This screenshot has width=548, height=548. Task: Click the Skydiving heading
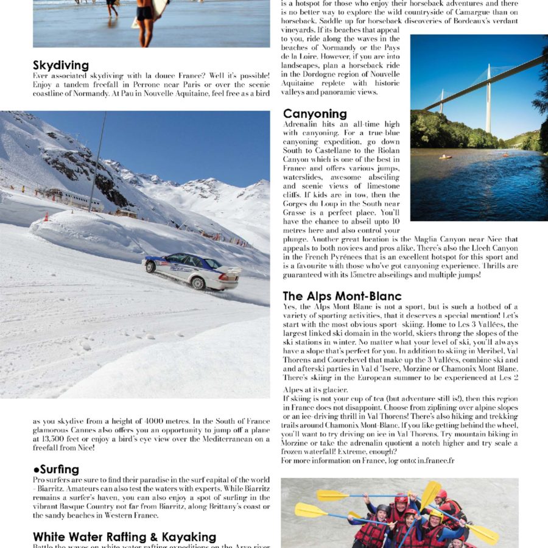[61, 65]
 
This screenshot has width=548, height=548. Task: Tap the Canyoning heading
[315, 114]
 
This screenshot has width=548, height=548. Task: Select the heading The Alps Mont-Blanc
[342, 296]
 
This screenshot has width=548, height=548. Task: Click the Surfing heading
[58, 469]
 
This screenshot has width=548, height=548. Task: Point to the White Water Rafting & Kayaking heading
[125, 537]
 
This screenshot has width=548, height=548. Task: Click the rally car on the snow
[191, 270]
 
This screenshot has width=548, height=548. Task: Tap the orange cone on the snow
[46, 216]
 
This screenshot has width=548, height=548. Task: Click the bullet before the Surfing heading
[36, 470]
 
